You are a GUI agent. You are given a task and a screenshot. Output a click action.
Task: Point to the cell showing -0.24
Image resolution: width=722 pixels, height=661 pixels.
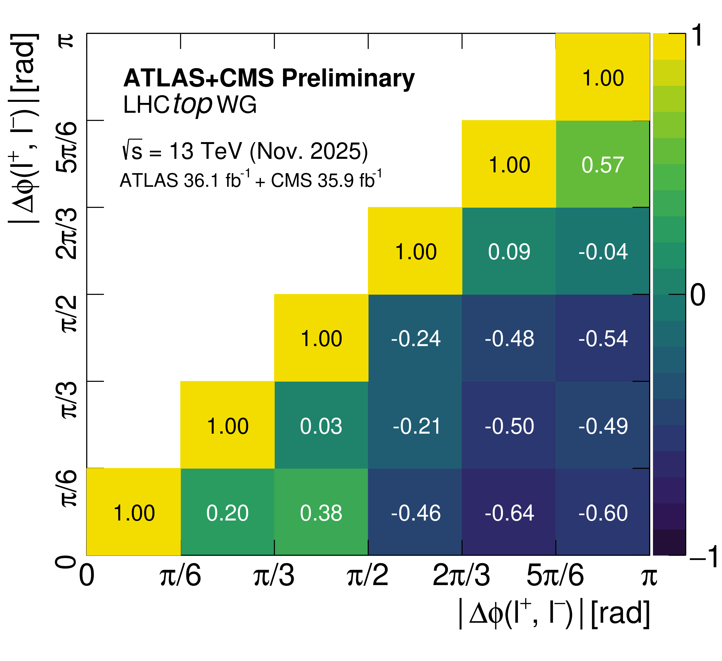pos(415,339)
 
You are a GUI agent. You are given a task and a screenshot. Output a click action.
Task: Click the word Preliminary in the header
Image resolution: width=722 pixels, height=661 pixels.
pos(348,78)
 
